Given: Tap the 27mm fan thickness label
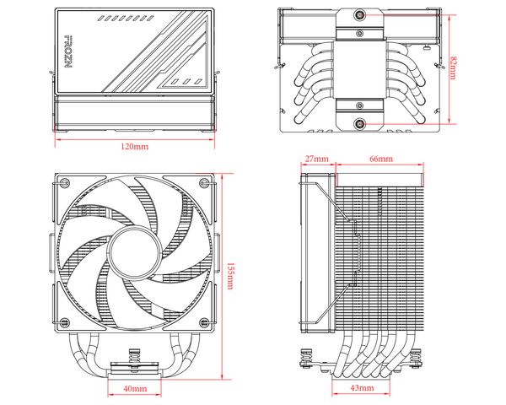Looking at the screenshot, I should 316,159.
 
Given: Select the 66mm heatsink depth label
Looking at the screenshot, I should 380,159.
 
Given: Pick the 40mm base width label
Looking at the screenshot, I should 135,389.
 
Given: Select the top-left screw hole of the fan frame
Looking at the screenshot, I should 65,184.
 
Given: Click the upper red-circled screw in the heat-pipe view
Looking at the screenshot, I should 360,15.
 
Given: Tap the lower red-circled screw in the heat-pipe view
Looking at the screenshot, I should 360,123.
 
